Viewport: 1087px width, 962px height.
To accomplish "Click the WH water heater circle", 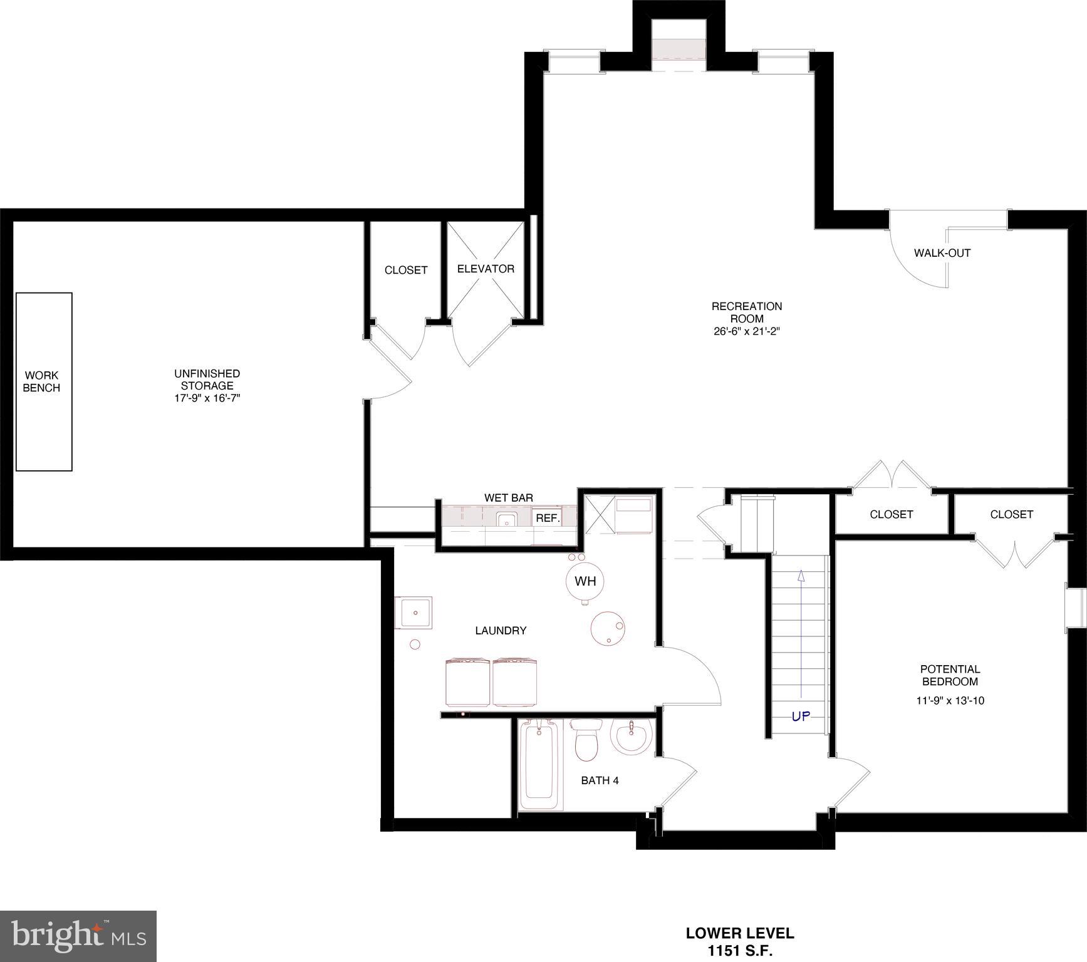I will click(585, 581).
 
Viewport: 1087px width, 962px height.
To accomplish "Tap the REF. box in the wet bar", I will click(547, 518).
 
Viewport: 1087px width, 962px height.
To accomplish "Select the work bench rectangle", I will click(44, 381).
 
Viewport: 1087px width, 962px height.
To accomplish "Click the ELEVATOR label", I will click(486, 269).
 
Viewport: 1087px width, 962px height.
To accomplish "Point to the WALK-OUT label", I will click(942, 253).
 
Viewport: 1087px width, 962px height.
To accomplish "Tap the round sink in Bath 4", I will click(632, 737).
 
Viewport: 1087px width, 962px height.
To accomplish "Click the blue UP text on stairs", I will click(801, 716).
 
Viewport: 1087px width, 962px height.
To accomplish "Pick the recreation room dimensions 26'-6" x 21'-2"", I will click(746, 331).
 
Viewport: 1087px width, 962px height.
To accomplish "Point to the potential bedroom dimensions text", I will click(950, 701).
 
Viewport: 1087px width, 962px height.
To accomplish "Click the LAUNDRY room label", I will click(501, 631).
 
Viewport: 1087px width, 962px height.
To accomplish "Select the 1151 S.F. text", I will click(740, 951).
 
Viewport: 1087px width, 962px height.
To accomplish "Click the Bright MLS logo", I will click(78, 936).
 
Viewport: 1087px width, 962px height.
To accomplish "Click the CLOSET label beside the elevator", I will click(406, 270).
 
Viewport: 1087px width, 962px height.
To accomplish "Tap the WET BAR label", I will click(509, 498).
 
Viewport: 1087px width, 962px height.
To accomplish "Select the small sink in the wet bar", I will click(506, 520).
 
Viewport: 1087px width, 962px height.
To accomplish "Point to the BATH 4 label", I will click(600, 780).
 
